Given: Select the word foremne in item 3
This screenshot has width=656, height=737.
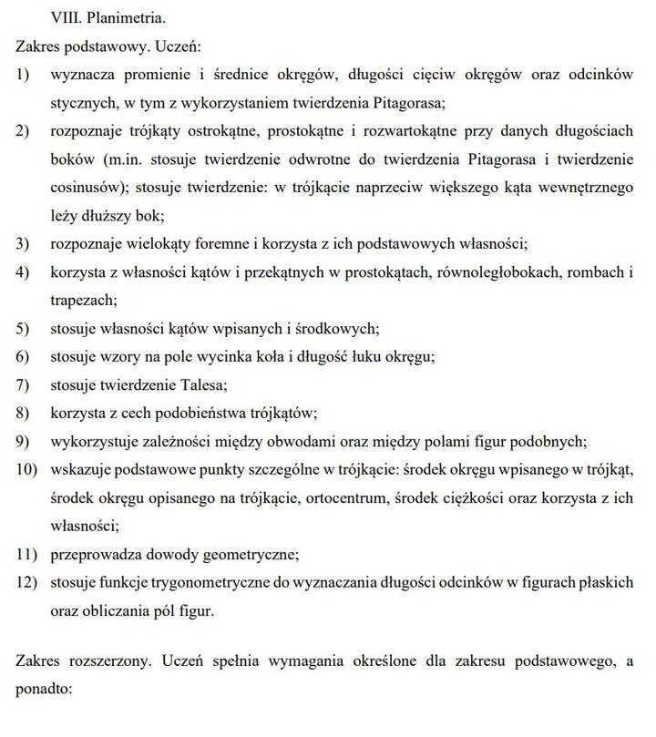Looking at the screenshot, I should [231, 244].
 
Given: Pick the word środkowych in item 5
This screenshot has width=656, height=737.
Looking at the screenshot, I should [339, 328].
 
